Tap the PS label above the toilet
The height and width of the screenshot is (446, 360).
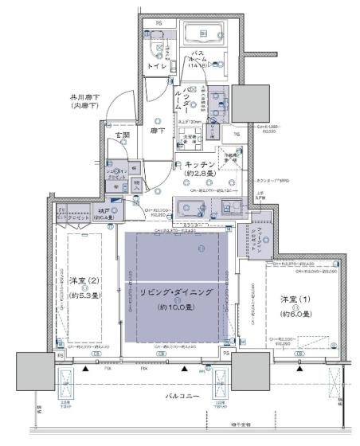pos(158,23)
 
